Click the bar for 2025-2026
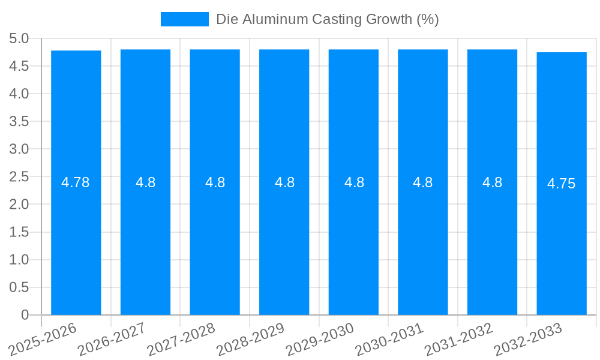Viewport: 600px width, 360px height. pyautogui.click(x=76, y=240)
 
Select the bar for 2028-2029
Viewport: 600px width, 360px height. pyautogui.click(x=284, y=240)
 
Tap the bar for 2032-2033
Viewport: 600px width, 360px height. pyautogui.click(x=561, y=240)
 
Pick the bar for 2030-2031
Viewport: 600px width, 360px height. pyautogui.click(x=422, y=240)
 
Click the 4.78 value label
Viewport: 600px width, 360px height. pyautogui.click(x=76, y=182)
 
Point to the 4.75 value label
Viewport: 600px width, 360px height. pyautogui.click(x=561, y=184)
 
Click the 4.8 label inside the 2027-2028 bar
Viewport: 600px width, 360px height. pyautogui.click(x=215, y=182)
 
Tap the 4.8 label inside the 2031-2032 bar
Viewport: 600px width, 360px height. pyautogui.click(x=492, y=182)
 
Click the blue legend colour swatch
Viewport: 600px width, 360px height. pyautogui.click(x=184, y=19)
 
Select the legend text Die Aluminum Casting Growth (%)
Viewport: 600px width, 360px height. pyautogui.click(x=327, y=19)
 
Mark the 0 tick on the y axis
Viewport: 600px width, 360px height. pyautogui.click(x=25, y=315)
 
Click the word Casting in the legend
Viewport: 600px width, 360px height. pyautogui.click(x=338, y=19)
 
